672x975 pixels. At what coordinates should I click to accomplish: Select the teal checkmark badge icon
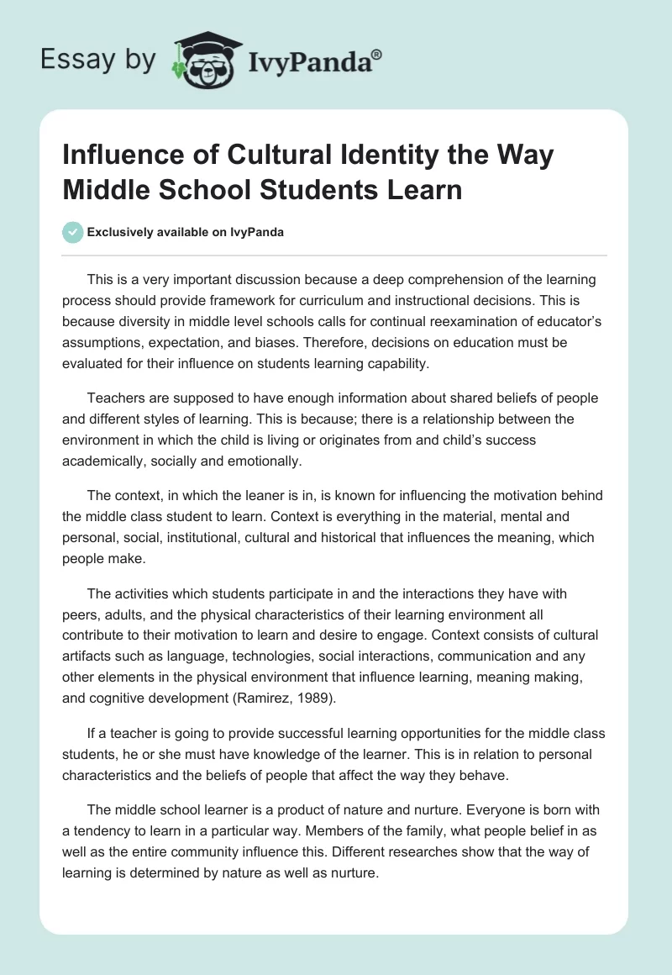pyautogui.click(x=73, y=232)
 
